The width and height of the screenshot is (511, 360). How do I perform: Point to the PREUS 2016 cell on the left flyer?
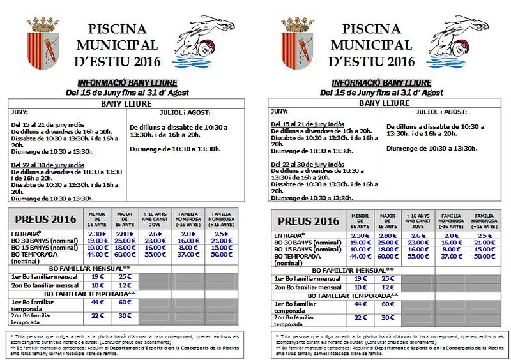(46, 220)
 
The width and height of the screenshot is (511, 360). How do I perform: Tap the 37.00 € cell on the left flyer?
(189, 254)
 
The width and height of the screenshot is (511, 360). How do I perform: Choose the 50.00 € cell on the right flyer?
(484, 255)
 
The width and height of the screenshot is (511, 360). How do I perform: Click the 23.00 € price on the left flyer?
(155, 241)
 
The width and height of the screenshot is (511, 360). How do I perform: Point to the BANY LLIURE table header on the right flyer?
(384, 103)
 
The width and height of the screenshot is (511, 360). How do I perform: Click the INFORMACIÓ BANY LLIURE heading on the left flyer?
(127, 83)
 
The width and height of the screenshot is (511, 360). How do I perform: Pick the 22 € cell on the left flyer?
(96, 315)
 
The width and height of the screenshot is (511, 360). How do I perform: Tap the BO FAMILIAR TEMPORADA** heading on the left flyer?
(96, 293)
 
